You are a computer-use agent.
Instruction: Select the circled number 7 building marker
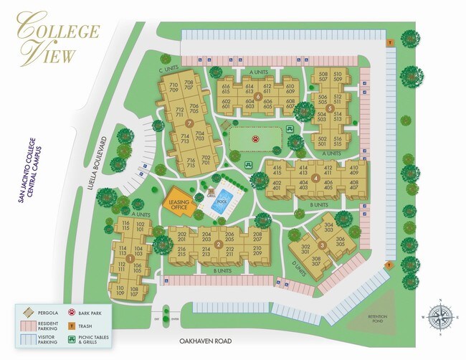189,123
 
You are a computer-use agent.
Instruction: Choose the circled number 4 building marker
316,177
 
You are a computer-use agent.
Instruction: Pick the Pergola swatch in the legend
27,313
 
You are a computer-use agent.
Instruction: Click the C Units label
168,69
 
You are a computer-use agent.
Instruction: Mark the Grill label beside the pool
211,194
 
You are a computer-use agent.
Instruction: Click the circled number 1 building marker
130,258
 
